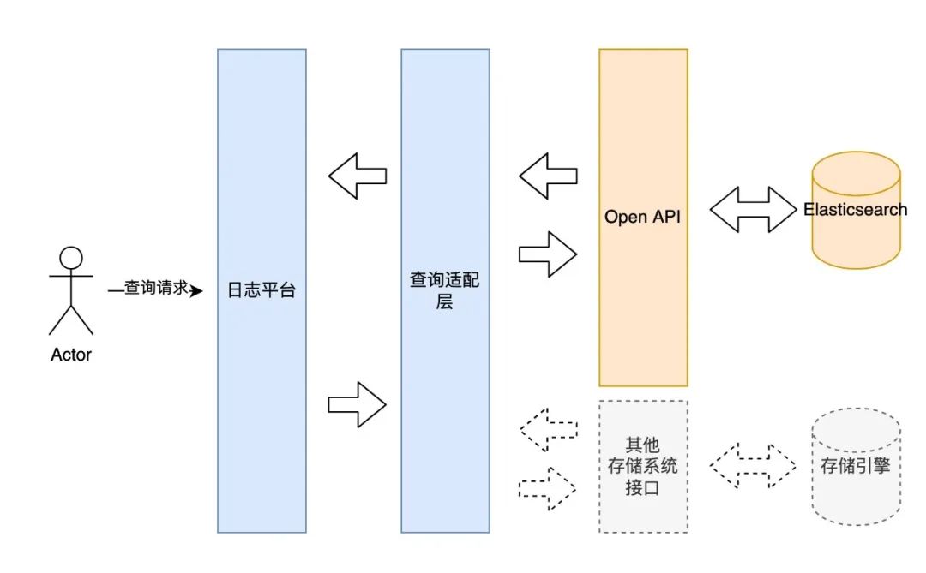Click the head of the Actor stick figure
(x=71, y=258)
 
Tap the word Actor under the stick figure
(x=71, y=355)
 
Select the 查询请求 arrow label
(x=155, y=289)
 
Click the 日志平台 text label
(x=262, y=290)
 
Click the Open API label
(x=642, y=217)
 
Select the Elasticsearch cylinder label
(x=855, y=210)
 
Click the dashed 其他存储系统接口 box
(x=642, y=467)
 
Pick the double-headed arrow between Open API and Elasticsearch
(x=753, y=210)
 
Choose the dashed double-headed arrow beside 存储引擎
(x=753, y=467)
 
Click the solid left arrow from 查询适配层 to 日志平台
(x=358, y=176)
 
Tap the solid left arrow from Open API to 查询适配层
(x=548, y=176)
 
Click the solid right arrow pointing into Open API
(x=548, y=253)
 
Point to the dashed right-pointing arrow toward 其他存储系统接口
(x=548, y=488)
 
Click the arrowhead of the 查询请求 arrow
(x=196, y=291)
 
